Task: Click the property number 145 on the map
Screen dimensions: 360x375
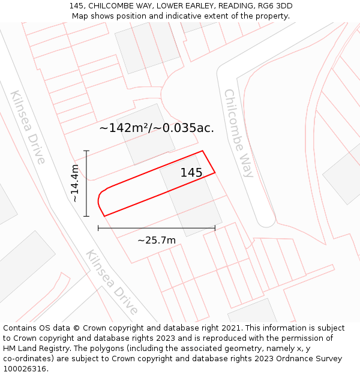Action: pyautogui.click(x=191, y=173)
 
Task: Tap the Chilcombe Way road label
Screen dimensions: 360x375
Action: pyautogui.click(x=239, y=133)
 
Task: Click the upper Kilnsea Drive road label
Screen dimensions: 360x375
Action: pyautogui.click(x=28, y=127)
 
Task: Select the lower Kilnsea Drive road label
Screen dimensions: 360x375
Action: pyautogui.click(x=112, y=282)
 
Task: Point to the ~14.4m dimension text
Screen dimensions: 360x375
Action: pyautogui.click(x=74, y=183)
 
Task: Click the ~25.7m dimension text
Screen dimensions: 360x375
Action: pyautogui.click(x=157, y=241)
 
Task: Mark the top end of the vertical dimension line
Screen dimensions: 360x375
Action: pyautogui.click(x=86, y=151)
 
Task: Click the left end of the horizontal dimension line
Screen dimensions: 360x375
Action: pyautogui.click(x=98, y=228)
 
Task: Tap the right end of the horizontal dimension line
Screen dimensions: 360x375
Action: pyautogui.click(x=215, y=228)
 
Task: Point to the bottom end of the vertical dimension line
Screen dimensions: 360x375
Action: pyautogui.click(x=86, y=216)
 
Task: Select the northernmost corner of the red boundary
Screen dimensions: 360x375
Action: pyautogui.click(x=203, y=151)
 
